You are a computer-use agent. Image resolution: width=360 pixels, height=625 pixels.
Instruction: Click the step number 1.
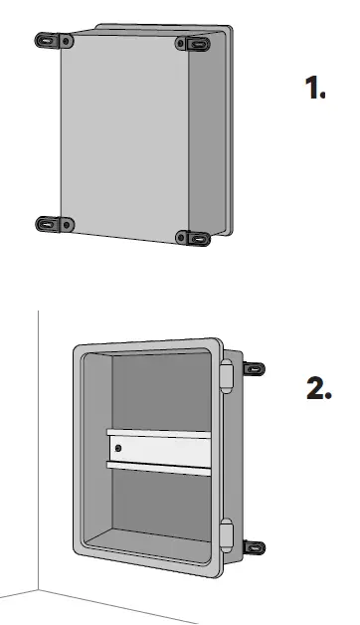coord(315,89)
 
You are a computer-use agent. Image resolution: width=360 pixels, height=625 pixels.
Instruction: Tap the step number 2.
coord(317,389)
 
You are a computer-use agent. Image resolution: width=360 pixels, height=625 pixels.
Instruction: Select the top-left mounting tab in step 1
coord(52,41)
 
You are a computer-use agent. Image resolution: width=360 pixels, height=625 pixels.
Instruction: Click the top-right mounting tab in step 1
coord(193,44)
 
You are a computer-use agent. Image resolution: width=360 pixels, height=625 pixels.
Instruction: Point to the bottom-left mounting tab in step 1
coord(52,224)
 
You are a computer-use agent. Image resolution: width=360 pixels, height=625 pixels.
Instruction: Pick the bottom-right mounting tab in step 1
coord(193,238)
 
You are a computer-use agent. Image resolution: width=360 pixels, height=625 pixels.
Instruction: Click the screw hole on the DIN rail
coord(118,449)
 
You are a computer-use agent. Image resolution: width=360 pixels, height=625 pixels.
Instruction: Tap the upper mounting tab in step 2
coord(255,369)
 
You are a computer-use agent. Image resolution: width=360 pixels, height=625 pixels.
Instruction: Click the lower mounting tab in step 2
coord(255,547)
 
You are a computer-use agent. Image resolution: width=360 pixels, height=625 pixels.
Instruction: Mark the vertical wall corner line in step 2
coord(38,448)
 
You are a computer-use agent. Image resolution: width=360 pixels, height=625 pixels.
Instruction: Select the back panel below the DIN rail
coord(159,503)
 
